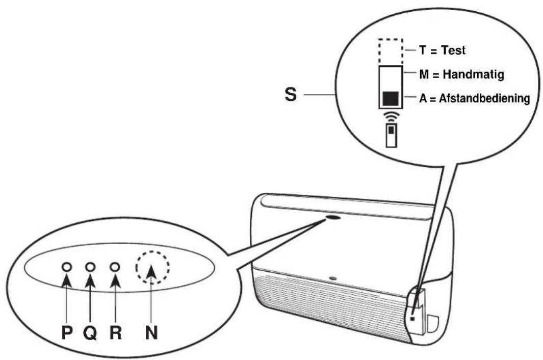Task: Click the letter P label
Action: (67, 333)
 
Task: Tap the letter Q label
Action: (90, 333)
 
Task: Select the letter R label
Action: (116, 333)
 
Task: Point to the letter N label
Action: (151, 333)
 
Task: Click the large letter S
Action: (291, 94)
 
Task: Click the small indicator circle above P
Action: (67, 267)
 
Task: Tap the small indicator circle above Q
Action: (90, 267)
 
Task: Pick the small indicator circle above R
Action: (115, 267)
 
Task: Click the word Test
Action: (453, 50)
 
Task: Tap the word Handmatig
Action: (473, 74)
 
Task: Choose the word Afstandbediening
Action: (484, 98)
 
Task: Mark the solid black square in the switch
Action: (391, 98)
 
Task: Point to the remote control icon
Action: (392, 136)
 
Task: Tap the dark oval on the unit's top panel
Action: (332, 218)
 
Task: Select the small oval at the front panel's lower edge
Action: (332, 278)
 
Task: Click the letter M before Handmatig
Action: (424, 74)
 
